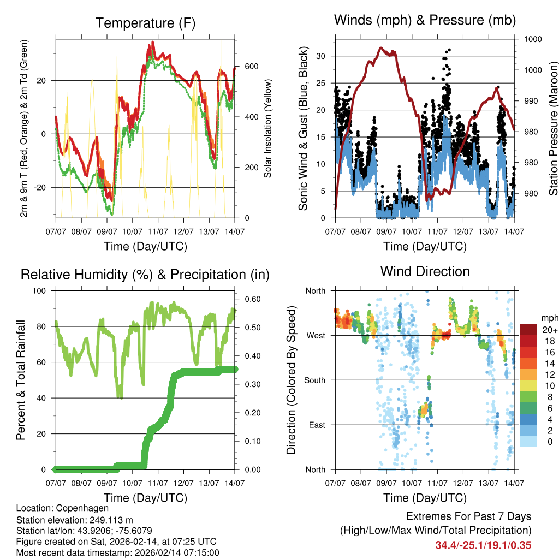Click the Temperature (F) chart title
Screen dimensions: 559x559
pyautogui.click(x=145, y=23)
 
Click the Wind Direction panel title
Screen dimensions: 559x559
pyautogui.click(x=425, y=271)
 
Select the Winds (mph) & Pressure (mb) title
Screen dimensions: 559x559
pyautogui.click(x=425, y=20)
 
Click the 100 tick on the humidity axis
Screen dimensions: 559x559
pyautogui.click(x=41, y=291)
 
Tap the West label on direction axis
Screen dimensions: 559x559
pyautogui.click(x=315, y=335)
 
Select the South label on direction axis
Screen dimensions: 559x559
pyautogui.click(x=314, y=380)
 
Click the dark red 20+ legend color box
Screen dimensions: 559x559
pyautogui.click(x=528, y=330)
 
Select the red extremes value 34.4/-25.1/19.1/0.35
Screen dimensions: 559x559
pyautogui.click(x=483, y=545)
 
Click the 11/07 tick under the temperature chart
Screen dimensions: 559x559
pyautogui.click(x=158, y=231)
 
